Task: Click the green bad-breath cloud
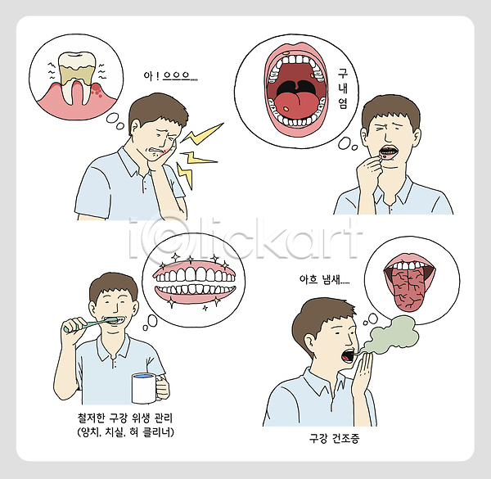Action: [393, 334]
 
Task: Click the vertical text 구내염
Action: [343, 88]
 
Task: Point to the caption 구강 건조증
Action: [335, 438]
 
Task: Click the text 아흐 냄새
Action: [324, 279]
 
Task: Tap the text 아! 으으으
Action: [170, 76]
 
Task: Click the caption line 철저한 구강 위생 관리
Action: [125, 418]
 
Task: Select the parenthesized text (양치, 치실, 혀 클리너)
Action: [125, 432]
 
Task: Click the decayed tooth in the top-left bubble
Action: [76, 77]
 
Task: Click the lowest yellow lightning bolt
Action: [185, 174]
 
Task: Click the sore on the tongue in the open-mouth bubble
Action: [286, 109]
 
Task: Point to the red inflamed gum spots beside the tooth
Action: [97, 90]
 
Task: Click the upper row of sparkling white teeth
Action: [195, 275]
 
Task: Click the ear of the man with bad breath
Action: [309, 341]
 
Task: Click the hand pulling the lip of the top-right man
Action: [370, 171]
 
